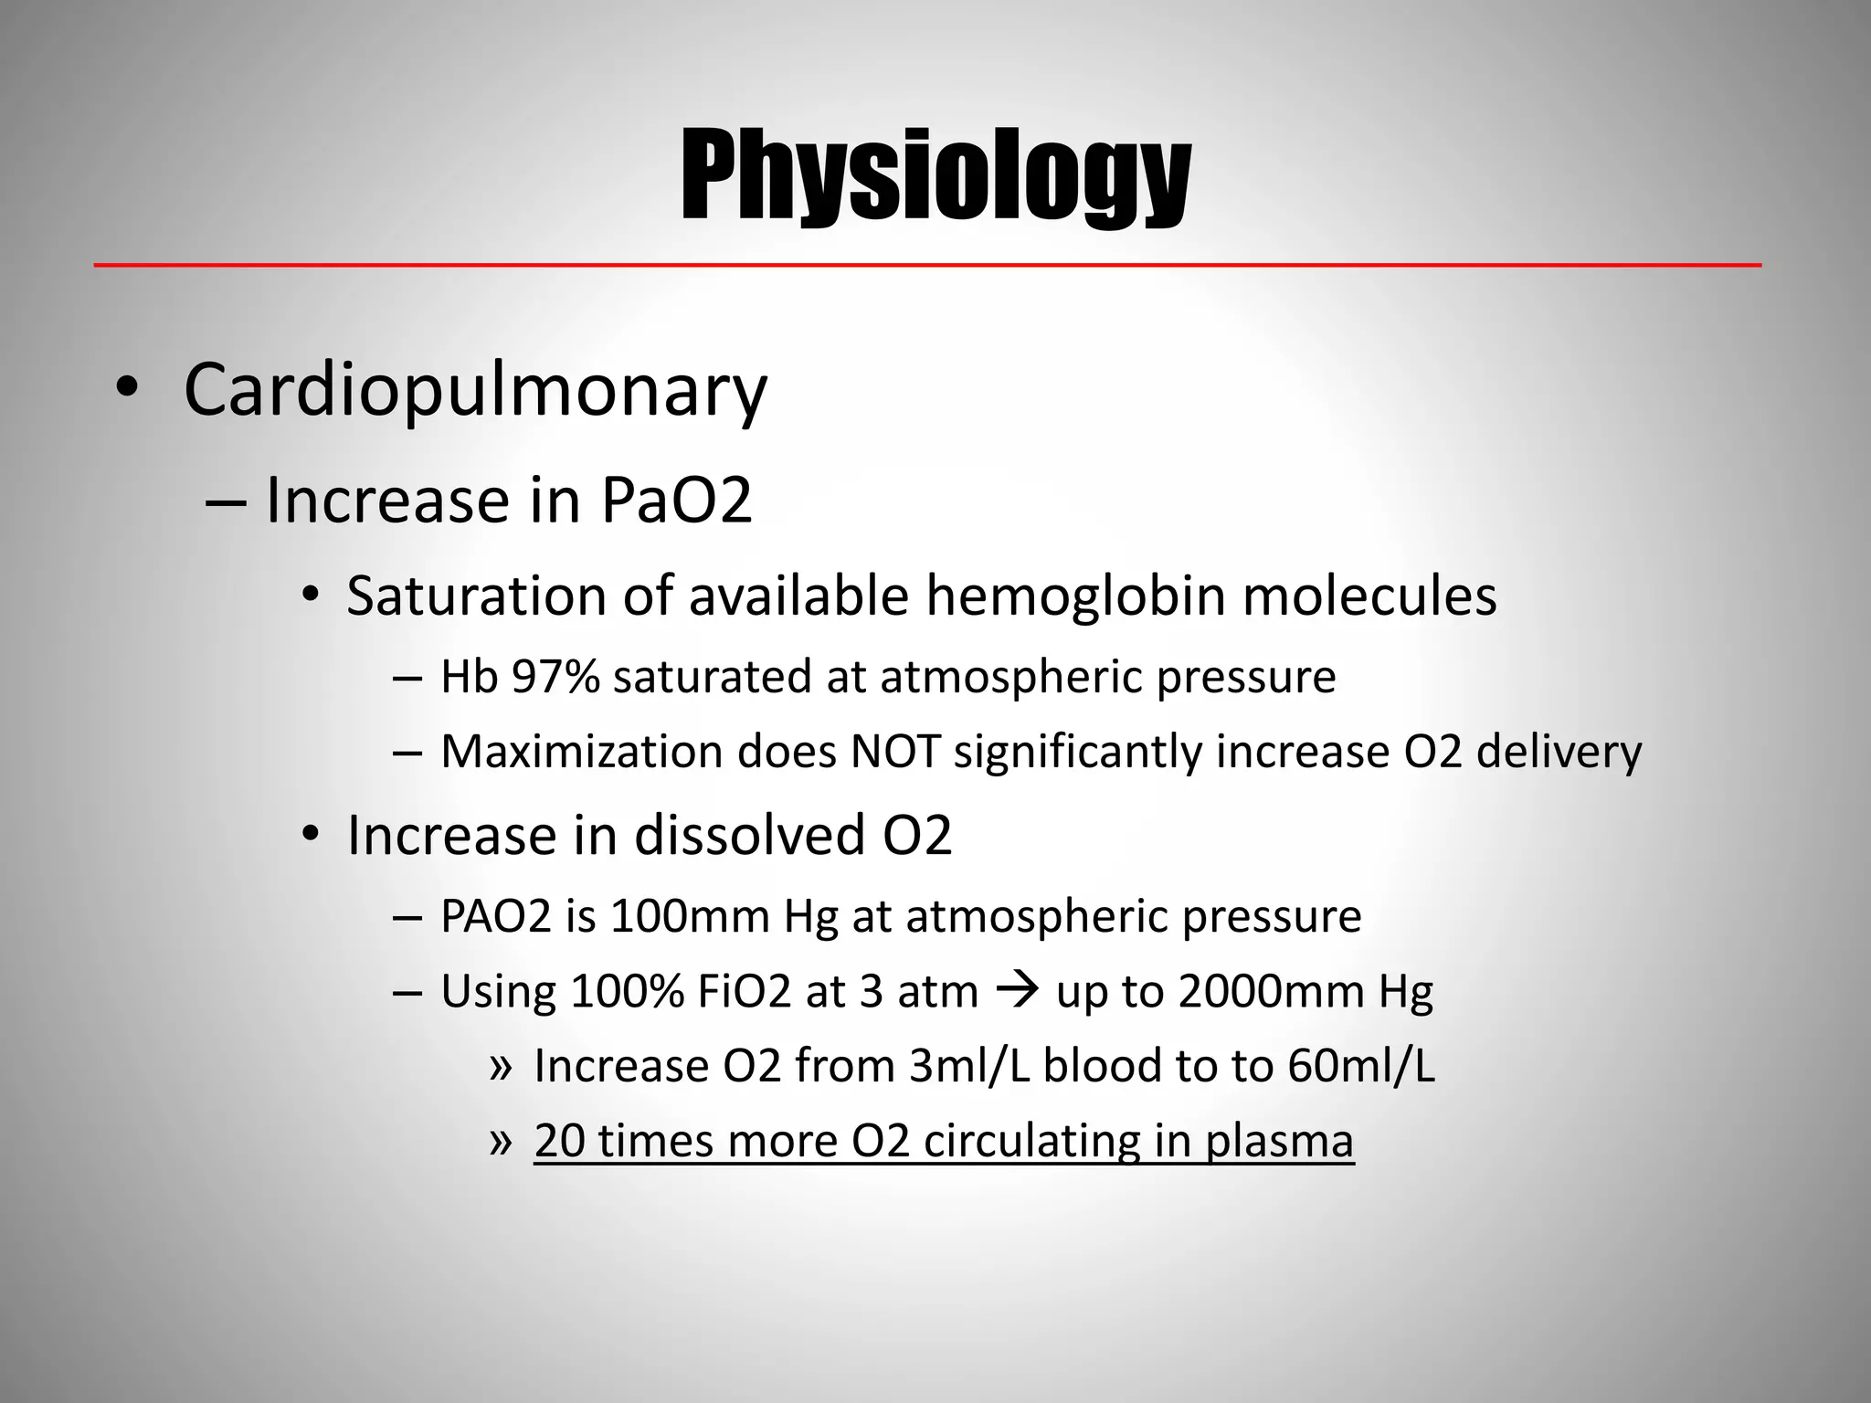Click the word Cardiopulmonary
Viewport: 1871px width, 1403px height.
475,391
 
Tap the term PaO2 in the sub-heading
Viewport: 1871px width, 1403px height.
676,501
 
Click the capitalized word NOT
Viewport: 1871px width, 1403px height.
895,752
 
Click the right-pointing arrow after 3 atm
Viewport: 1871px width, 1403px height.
1017,990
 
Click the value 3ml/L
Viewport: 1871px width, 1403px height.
969,1066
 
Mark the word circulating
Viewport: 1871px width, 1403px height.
1031,1142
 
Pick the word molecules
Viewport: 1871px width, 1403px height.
1369,596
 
